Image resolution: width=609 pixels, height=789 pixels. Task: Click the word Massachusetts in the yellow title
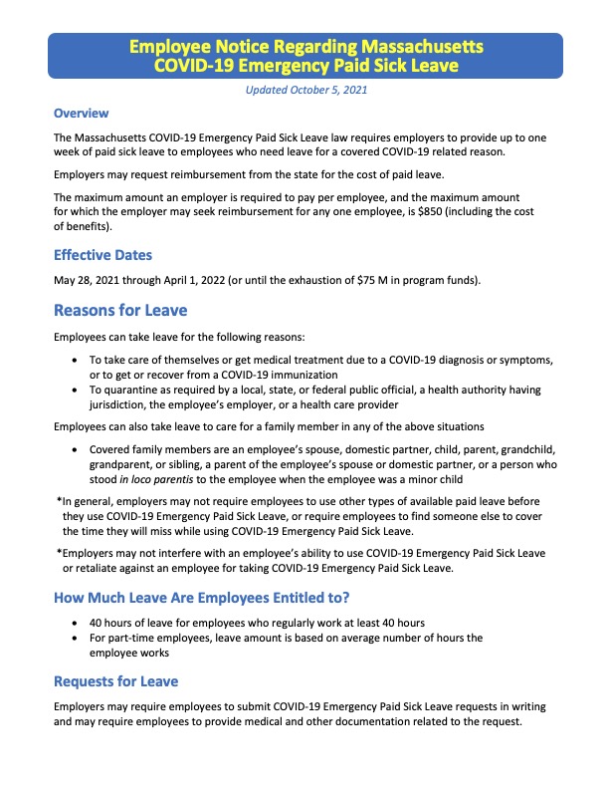coord(412,47)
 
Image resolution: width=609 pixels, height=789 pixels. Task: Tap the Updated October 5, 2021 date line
coord(305,91)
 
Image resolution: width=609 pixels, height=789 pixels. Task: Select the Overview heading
coord(81,114)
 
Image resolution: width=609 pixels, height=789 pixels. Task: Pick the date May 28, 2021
coord(92,280)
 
